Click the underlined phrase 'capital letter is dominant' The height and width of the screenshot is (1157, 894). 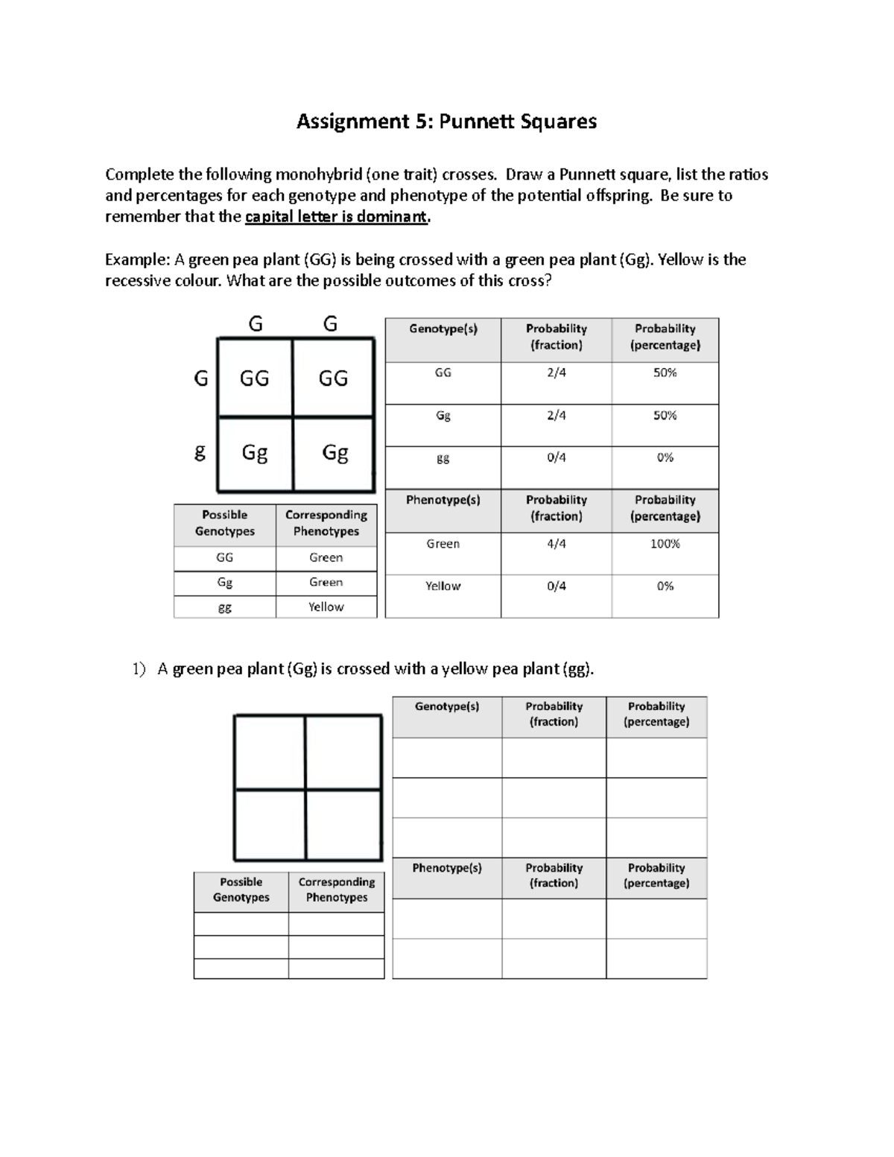(337, 217)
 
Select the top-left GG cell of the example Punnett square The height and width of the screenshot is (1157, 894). (254, 378)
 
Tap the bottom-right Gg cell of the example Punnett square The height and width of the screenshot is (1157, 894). (335, 452)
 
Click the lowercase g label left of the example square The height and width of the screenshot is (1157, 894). (200, 451)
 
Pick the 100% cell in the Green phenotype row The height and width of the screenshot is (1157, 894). (665, 544)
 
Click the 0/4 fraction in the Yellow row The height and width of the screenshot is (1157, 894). (556, 586)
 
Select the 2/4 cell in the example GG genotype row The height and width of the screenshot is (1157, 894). (556, 373)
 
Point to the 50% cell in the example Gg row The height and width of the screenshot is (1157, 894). (665, 415)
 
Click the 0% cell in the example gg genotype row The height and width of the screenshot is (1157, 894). (665, 457)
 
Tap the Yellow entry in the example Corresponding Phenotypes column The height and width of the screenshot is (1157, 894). (326, 606)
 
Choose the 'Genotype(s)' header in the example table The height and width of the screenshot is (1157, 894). (443, 329)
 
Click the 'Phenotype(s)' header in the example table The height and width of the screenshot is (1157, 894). (443, 500)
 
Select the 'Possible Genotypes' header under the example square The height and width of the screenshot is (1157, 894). (224, 523)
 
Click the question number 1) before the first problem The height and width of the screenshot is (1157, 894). (139, 669)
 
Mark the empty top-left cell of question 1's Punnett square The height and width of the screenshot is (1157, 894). (270, 752)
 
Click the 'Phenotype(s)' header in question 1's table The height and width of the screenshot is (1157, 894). (447, 868)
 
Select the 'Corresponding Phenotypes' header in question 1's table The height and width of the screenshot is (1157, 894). (337, 890)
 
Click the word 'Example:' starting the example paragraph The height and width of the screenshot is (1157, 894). (137, 260)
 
